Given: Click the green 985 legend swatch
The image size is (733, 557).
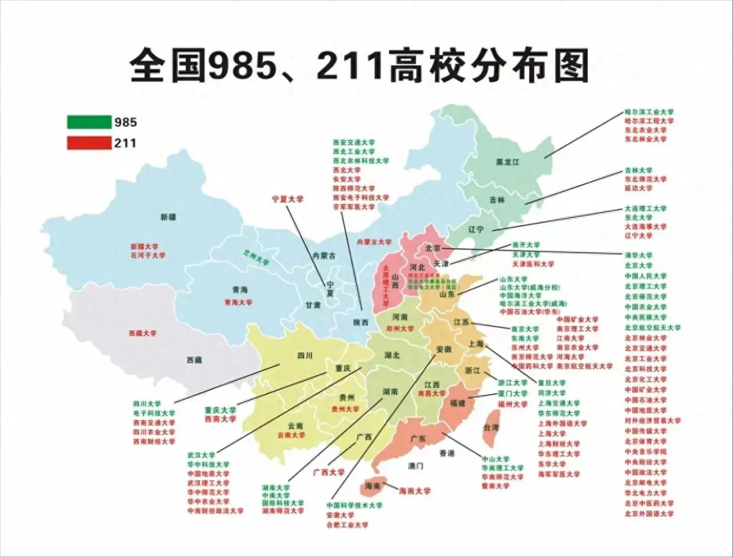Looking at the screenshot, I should (88, 122).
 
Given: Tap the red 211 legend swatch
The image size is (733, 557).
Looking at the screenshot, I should (88, 143).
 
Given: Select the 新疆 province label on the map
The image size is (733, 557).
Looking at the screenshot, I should (168, 217).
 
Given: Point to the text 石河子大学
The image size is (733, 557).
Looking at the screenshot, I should (148, 255).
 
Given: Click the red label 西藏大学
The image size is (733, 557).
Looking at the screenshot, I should (143, 334).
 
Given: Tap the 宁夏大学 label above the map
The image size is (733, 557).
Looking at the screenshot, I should (288, 200).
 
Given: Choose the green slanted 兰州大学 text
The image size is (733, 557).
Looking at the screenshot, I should (256, 257).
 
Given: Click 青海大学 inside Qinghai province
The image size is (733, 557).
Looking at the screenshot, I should (238, 302).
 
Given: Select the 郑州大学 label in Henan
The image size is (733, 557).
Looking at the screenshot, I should (400, 329).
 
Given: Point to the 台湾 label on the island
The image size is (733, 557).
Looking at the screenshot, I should (491, 427).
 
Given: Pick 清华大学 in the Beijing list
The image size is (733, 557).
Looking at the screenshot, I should (638, 255).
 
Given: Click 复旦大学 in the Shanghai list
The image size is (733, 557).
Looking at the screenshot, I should (551, 382).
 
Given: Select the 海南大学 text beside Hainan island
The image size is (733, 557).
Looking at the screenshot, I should (415, 490).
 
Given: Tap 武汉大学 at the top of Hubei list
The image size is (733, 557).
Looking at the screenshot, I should (201, 455).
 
